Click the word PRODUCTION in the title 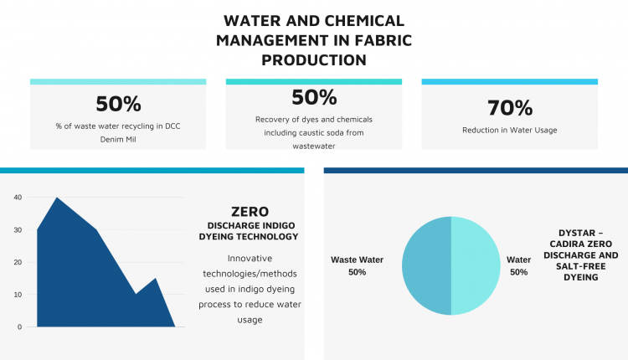click(314, 60)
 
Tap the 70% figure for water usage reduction click(510, 108)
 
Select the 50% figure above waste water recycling click(118, 104)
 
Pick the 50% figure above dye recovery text click(314, 97)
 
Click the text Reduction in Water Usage click(509, 130)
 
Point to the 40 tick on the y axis click(18, 198)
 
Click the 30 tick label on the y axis click(18, 230)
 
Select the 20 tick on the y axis click(18, 262)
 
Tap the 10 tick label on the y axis click(18, 295)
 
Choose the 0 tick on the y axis click(19, 327)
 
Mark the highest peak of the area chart click(57, 198)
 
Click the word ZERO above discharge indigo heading click(250, 212)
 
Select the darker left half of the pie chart click(426, 266)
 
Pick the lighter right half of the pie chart click(476, 266)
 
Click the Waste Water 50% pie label click(357, 266)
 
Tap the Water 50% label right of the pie click(518, 266)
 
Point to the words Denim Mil click(118, 139)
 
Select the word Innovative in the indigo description click(250, 259)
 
